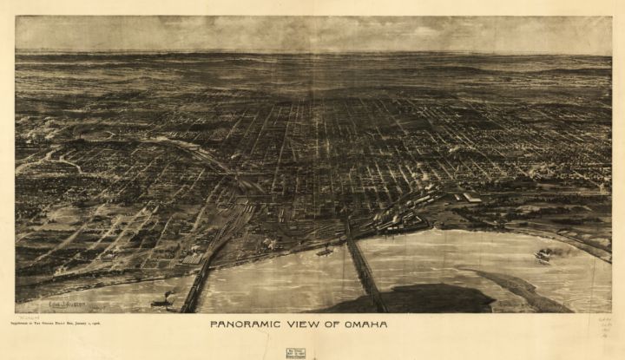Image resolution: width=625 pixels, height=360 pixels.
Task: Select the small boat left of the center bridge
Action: click(324, 251)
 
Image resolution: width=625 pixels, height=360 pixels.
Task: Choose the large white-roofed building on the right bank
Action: click(471, 198)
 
